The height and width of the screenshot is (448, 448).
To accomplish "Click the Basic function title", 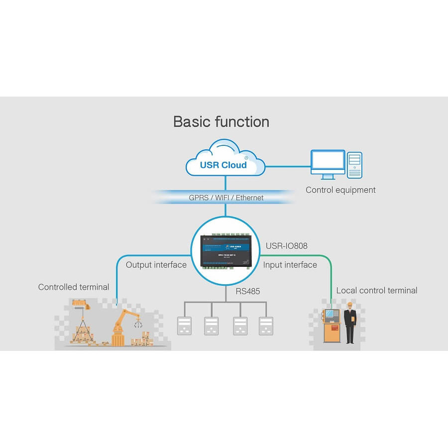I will tap(221, 122).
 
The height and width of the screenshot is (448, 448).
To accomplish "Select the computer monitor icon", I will tap(328, 164).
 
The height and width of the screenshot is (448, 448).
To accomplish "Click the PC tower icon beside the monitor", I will tap(354, 165).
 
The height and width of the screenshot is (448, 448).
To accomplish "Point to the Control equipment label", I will tap(340, 190).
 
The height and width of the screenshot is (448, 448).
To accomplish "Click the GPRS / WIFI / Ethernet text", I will tap(226, 198).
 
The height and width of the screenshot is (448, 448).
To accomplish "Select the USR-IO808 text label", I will tap(286, 246).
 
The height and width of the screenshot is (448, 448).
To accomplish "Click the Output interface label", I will tap(156, 265).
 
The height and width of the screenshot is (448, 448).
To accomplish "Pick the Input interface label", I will tap(290, 265).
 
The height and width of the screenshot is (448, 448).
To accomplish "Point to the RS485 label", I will tap(248, 291).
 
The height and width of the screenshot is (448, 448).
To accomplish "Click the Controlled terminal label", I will tap(74, 287).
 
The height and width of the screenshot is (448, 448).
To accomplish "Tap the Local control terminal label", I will tap(377, 291).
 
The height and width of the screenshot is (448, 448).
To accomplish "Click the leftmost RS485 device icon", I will tap(185, 326).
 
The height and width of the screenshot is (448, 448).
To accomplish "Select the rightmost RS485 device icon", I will tap(266, 326).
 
